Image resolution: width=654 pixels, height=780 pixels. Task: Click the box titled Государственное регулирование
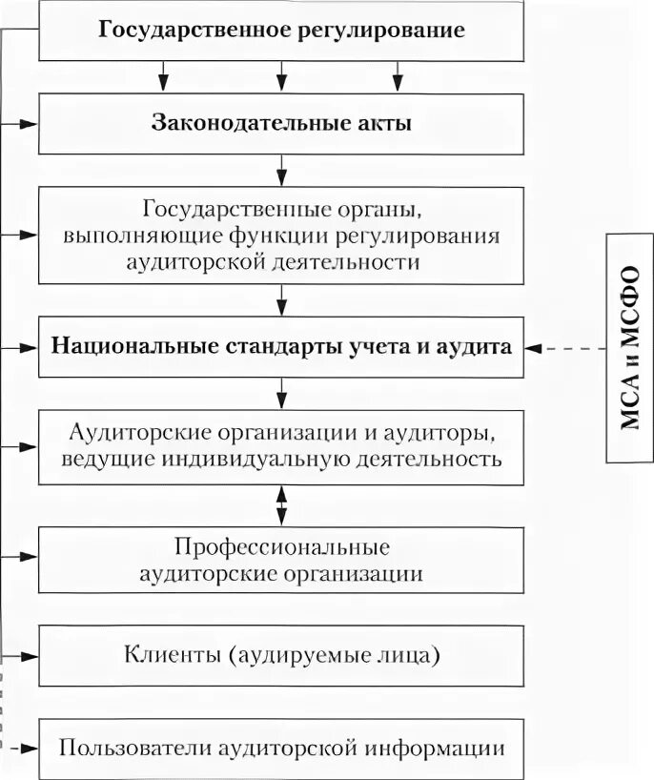[281, 31]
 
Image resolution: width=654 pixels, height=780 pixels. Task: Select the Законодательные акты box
[281, 123]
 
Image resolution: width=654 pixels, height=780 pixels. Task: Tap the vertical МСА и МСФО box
[630, 347]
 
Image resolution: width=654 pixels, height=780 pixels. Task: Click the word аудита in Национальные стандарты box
[481, 347]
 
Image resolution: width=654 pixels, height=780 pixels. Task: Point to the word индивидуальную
[275, 459]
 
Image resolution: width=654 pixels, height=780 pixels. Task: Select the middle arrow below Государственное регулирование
[281, 73]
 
